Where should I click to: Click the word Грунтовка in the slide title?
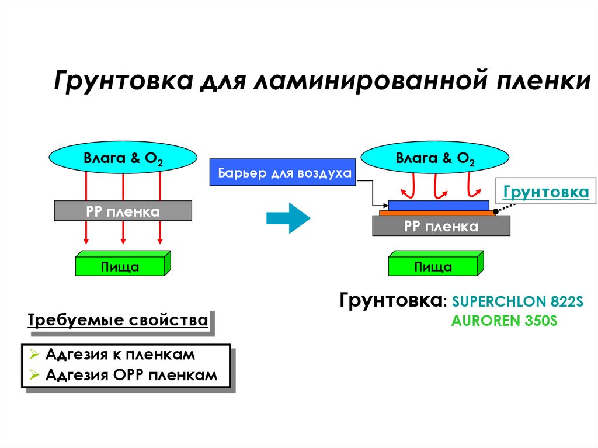(123, 81)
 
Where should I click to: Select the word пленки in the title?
(544, 81)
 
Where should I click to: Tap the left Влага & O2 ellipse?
(123, 158)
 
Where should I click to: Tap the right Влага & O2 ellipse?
(435, 158)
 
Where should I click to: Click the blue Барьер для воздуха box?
(283, 173)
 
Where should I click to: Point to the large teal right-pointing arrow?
(287, 218)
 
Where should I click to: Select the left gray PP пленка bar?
(123, 211)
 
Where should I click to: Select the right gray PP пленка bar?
(441, 226)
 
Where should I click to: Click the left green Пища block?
(120, 266)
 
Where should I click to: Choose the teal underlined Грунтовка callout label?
(545, 192)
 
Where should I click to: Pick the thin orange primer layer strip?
(438, 213)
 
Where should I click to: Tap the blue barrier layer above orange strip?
(438, 205)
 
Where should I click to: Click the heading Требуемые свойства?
(118, 321)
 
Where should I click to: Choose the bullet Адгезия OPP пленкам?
(131, 375)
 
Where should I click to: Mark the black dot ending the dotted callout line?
(495, 211)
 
